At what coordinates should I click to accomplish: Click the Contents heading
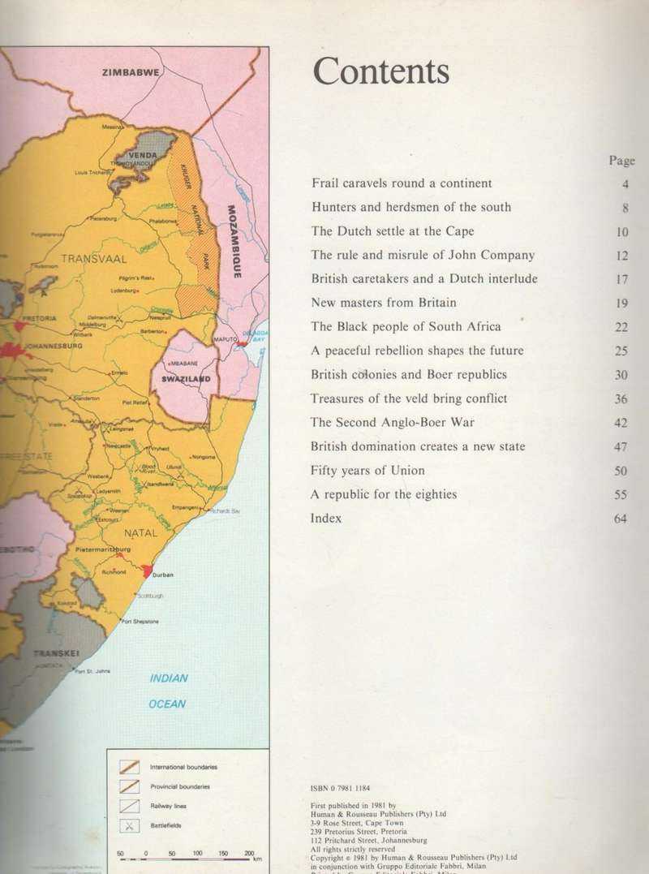coord(380,71)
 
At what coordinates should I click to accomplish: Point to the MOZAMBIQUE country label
coord(234,240)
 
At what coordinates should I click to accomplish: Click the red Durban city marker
coord(146,571)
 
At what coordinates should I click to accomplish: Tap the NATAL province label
coord(141,533)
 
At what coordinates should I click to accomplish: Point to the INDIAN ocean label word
coord(169,678)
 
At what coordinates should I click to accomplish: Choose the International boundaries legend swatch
coord(129,767)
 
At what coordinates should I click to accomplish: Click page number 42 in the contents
coord(621,423)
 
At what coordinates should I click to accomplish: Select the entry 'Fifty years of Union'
coord(367,471)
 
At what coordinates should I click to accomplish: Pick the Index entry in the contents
coord(326,518)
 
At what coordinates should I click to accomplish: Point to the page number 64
coord(621,519)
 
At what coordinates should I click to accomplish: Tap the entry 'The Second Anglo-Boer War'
coord(393,423)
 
